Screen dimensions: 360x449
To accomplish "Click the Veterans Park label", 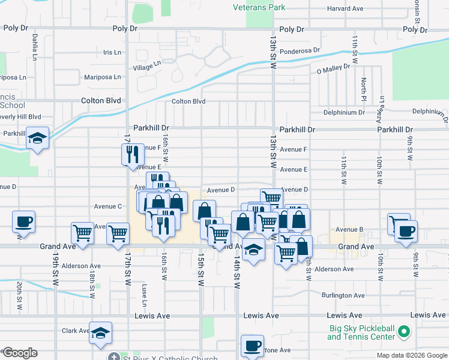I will click(x=259, y=8).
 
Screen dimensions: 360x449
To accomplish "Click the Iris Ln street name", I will click(x=112, y=53).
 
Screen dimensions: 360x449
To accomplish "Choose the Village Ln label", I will click(x=147, y=66).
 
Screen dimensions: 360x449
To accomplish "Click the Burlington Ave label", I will click(x=343, y=296).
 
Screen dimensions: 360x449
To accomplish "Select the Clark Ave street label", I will click(x=76, y=331).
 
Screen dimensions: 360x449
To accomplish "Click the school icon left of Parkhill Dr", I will click(x=37, y=139).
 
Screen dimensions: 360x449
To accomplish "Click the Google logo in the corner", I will click(x=19, y=353).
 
